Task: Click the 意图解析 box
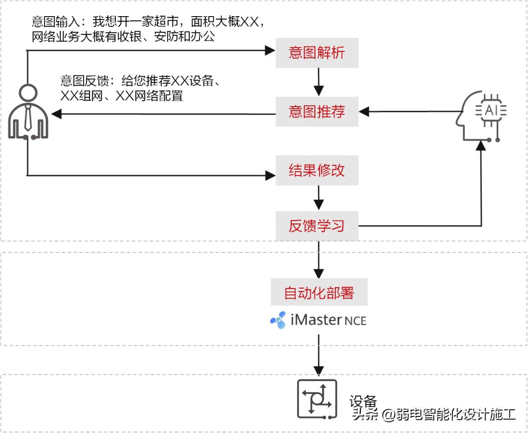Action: click(317, 52)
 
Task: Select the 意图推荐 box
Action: click(317, 112)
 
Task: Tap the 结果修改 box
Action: click(317, 170)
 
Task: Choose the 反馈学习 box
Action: click(317, 226)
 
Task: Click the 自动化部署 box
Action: click(319, 293)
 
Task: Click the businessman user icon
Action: click(29, 113)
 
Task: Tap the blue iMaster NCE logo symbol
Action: click(279, 320)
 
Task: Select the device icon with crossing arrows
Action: click(318, 399)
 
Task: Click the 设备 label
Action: click(363, 402)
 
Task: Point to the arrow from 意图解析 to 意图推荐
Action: click(319, 82)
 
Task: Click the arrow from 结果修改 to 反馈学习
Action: click(319, 198)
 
